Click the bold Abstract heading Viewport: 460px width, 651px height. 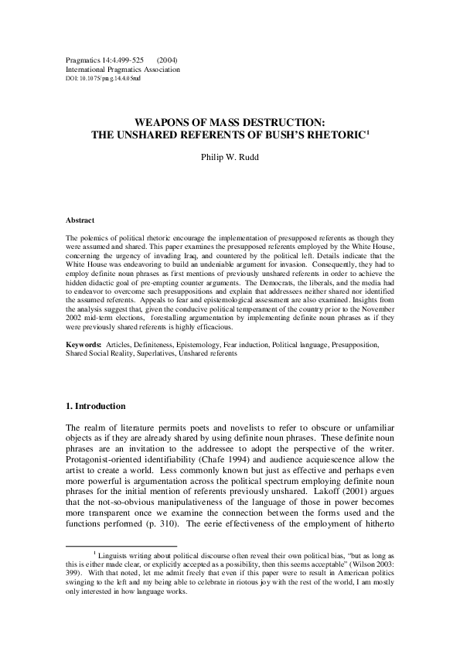click(80, 220)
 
